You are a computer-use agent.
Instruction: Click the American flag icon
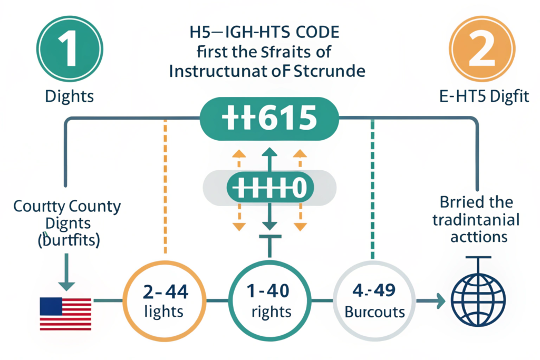coord(66,314)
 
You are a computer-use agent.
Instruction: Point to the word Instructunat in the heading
coord(221,71)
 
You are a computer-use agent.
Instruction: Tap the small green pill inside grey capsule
coord(269,187)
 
